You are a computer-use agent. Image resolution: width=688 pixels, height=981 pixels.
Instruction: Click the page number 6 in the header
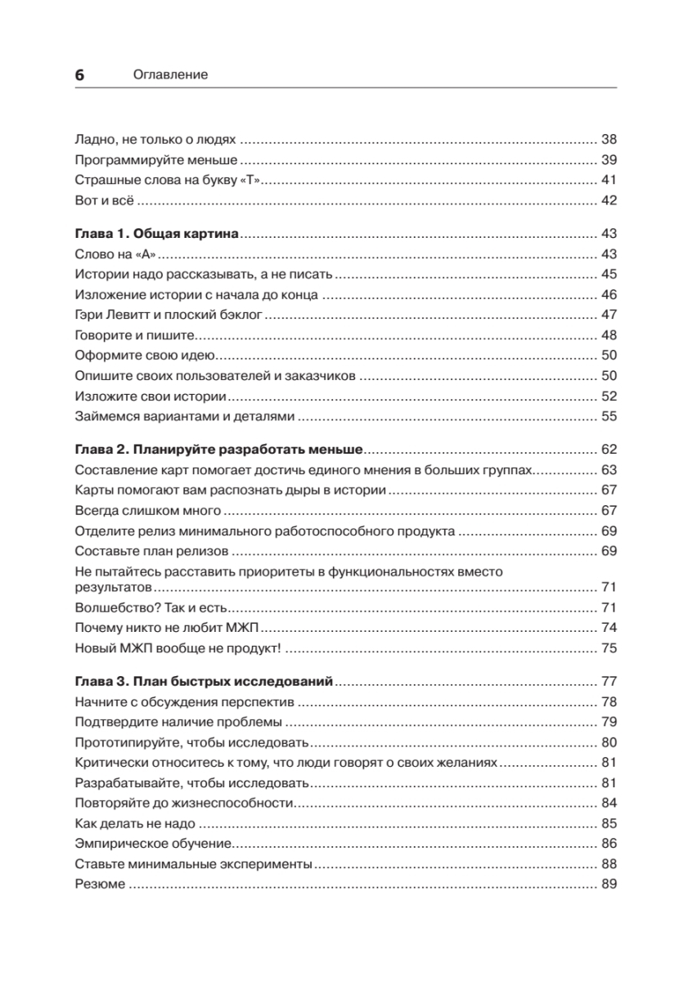79,74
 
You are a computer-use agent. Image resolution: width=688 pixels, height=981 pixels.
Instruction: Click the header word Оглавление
170,74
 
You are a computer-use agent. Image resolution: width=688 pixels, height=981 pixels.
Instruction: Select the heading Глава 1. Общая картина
156,234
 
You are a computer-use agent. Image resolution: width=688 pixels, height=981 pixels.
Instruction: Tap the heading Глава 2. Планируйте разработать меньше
218,449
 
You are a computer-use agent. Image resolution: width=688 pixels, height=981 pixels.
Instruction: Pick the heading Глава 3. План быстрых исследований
204,681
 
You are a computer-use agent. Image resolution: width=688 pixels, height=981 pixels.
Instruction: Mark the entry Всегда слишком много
147,510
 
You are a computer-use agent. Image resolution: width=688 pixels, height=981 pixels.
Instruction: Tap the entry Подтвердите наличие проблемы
178,722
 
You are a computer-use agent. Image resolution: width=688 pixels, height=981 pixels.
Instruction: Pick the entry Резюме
100,885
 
